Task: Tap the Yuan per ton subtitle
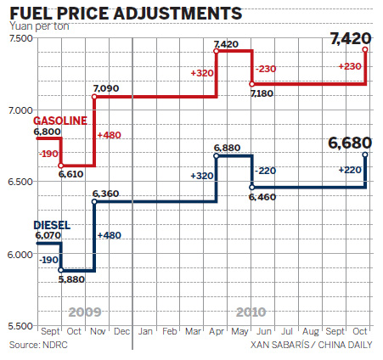click(x=39, y=27)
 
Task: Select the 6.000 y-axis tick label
click(x=20, y=255)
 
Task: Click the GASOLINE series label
click(x=59, y=121)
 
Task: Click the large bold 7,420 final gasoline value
click(x=350, y=38)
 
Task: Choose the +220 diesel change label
click(x=350, y=171)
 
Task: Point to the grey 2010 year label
click(x=253, y=312)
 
